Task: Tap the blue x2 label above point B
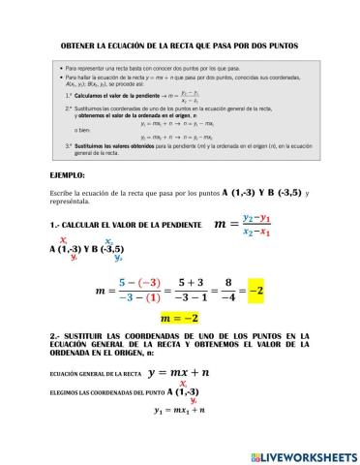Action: [x=109, y=241]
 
